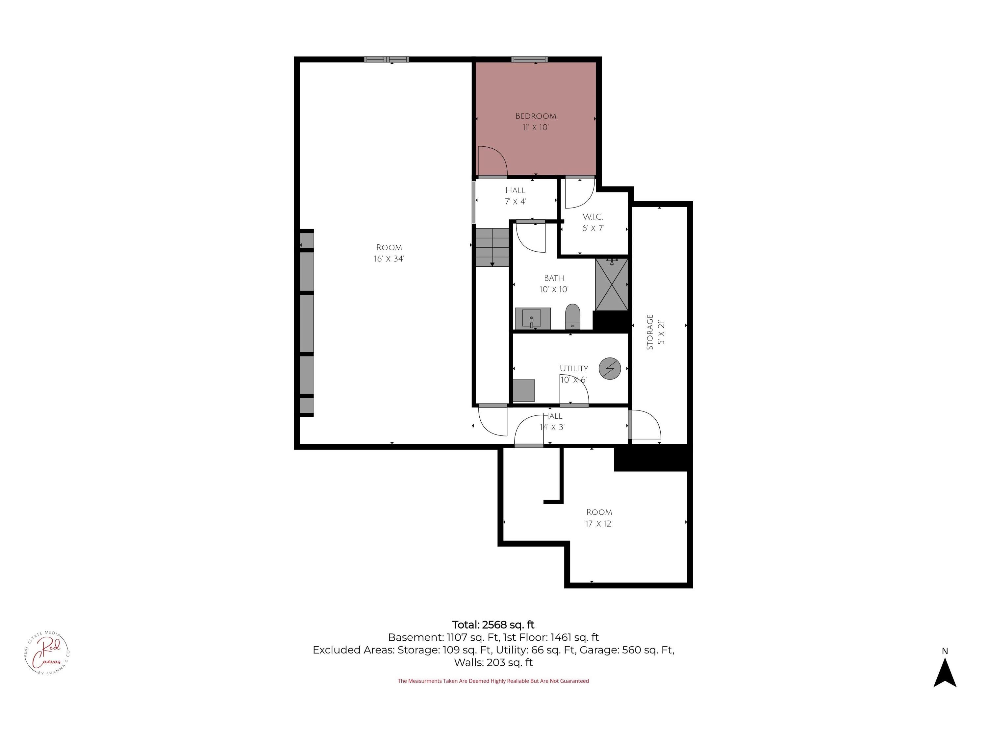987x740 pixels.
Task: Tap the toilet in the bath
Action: pos(572,317)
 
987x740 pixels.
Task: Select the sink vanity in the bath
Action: pos(533,318)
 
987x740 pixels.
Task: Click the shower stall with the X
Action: pos(612,284)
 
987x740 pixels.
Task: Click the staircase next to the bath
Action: pos(492,248)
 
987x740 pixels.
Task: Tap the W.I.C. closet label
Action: pos(593,217)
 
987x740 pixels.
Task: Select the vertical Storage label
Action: pos(650,332)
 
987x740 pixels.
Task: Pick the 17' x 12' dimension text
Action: pos(599,524)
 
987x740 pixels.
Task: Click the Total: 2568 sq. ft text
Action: pos(493,625)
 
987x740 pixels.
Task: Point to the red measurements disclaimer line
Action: pos(493,681)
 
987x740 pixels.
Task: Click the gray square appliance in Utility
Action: pos(523,391)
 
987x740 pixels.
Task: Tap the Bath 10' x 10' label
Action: pos(554,284)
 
